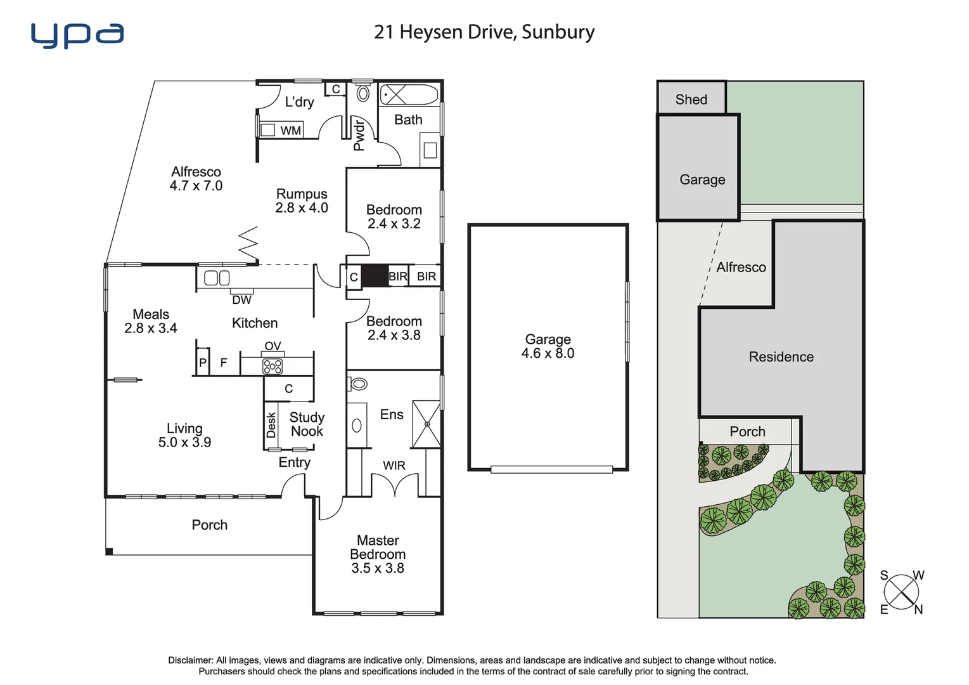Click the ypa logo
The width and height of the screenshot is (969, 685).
[77, 36]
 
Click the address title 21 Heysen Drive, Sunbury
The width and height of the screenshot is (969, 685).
[484, 32]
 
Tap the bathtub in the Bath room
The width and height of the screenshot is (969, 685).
[409, 95]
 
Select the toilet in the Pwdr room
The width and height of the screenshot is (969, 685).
[363, 93]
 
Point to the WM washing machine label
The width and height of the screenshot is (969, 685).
[290, 131]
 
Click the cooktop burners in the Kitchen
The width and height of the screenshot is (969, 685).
[273, 367]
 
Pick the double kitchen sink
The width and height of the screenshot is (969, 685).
[217, 278]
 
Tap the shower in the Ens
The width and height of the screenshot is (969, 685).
[427, 424]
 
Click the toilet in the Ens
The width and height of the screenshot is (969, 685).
[358, 384]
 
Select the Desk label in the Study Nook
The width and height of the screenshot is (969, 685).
[271, 425]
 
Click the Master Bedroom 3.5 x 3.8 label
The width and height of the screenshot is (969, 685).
[378, 554]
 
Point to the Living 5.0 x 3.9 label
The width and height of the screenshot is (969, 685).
[184, 435]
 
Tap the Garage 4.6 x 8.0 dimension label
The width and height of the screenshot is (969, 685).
[548, 346]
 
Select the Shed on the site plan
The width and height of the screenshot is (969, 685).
[691, 99]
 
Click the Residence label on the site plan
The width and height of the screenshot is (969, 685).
[781, 356]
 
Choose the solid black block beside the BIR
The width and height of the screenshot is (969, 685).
[375, 276]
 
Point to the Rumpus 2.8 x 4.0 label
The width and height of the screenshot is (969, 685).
[302, 200]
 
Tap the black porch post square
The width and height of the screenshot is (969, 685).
[109, 552]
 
